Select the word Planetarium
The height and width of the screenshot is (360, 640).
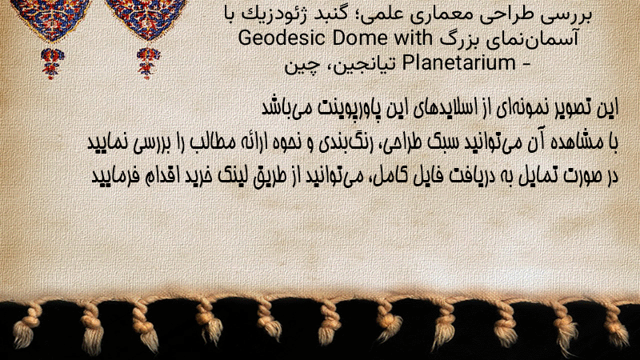458,63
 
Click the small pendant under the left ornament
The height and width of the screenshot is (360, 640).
52,63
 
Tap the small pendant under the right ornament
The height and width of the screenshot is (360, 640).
148,63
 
